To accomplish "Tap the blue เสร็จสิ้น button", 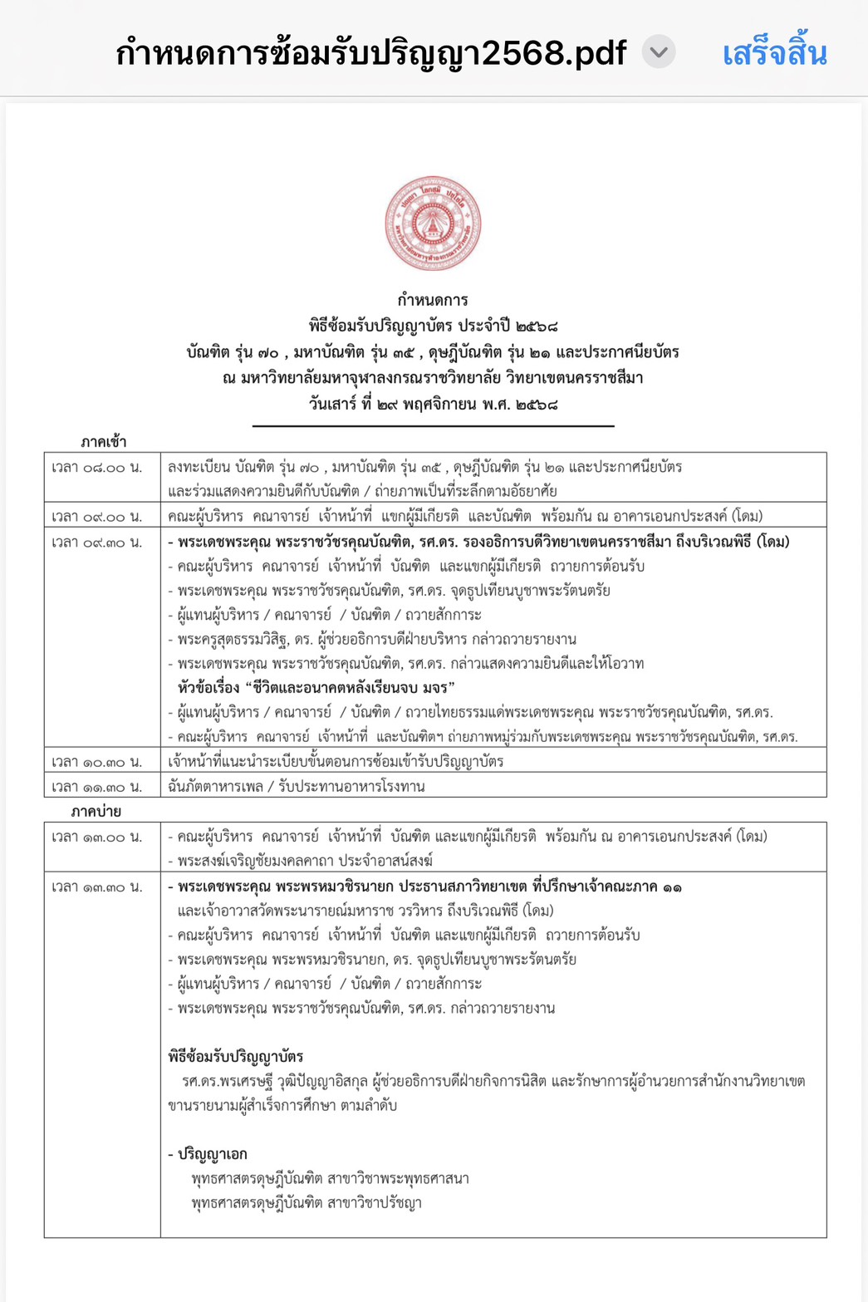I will pyautogui.click(x=774, y=54).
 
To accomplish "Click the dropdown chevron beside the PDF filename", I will pyautogui.click(x=659, y=53).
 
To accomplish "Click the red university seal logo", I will pyautogui.click(x=433, y=224).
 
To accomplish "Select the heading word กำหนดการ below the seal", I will pyautogui.click(x=433, y=300).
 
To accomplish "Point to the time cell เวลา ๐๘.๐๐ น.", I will pyautogui.click(x=97, y=468).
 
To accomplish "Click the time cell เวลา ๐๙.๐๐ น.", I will pyautogui.click(x=97, y=517).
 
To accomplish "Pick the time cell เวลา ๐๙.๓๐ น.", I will pyautogui.click(x=97, y=543).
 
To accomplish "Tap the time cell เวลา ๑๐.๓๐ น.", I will pyautogui.click(x=97, y=762).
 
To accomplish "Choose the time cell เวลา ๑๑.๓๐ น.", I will pyautogui.click(x=97, y=787).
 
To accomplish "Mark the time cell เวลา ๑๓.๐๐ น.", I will pyautogui.click(x=97, y=837).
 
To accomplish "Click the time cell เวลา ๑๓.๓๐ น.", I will pyautogui.click(x=97, y=887).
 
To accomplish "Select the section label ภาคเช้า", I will pyautogui.click(x=104, y=441).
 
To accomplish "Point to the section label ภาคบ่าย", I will pyautogui.click(x=96, y=811).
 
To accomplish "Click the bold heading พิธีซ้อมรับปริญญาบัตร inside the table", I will pyautogui.click(x=236, y=1057).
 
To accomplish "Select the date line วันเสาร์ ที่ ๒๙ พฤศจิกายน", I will pyautogui.click(x=433, y=405).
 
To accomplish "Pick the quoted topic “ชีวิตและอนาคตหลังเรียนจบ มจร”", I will pyautogui.click(x=316, y=687).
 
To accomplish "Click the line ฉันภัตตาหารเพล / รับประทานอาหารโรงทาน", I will pyautogui.click(x=297, y=787).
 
